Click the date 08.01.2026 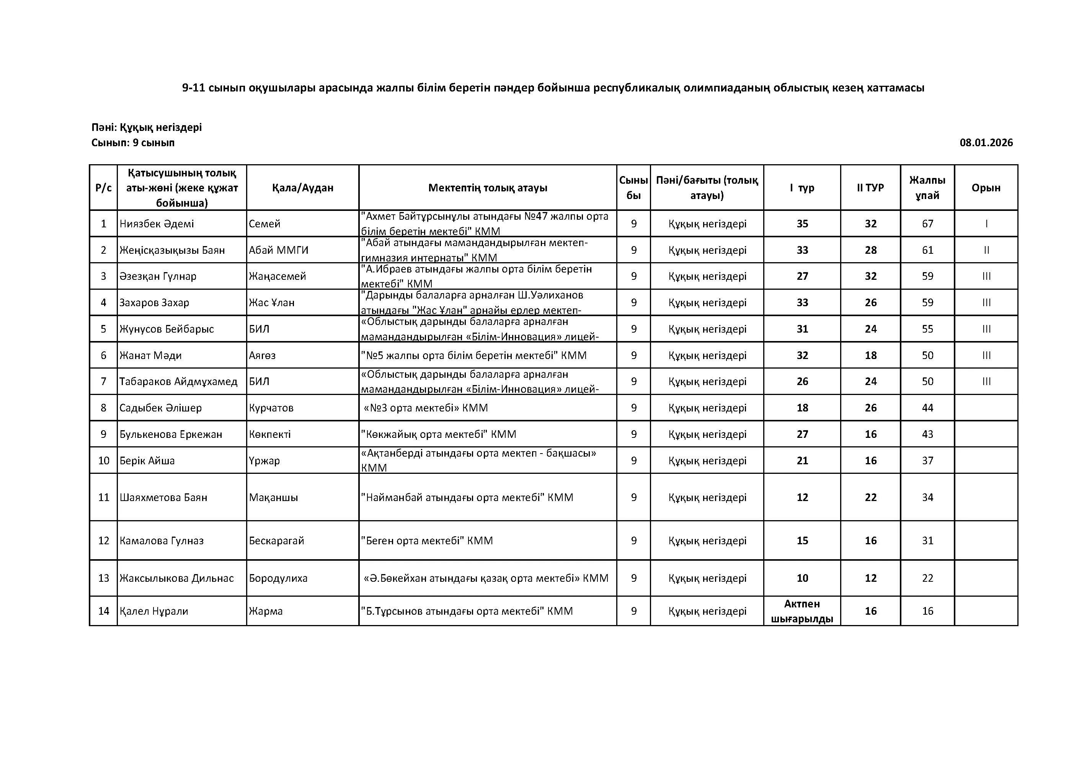986,143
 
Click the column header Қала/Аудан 302,188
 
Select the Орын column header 986,188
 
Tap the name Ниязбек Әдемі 157,224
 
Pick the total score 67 927,224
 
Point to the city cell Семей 264,224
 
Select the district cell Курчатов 271,408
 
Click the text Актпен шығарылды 802,611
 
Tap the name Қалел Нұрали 153,611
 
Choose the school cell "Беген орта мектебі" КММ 427,541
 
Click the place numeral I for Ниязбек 986,224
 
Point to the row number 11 104,498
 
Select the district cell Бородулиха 278,578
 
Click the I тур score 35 802,224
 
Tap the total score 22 927,578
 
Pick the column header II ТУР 870,188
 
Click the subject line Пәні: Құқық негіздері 147,127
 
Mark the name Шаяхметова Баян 163,498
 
